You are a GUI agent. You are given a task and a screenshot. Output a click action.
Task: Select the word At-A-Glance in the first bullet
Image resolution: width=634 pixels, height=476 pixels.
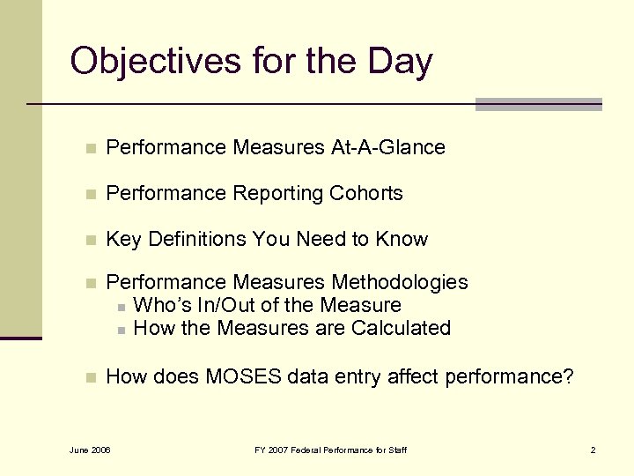pyautogui.click(x=387, y=148)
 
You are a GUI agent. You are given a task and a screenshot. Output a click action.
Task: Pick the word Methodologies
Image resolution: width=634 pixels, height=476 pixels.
pyautogui.click(x=400, y=283)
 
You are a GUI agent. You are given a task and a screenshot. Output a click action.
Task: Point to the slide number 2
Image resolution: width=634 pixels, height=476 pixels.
pyautogui.click(x=593, y=450)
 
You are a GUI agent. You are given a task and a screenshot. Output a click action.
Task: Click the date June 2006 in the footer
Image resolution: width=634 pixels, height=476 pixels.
pyautogui.click(x=89, y=450)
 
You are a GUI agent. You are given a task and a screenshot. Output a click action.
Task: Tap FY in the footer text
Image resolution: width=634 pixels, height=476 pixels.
pyautogui.click(x=260, y=450)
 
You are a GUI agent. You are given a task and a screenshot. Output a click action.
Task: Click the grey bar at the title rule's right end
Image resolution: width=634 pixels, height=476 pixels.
pyautogui.click(x=538, y=104)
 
